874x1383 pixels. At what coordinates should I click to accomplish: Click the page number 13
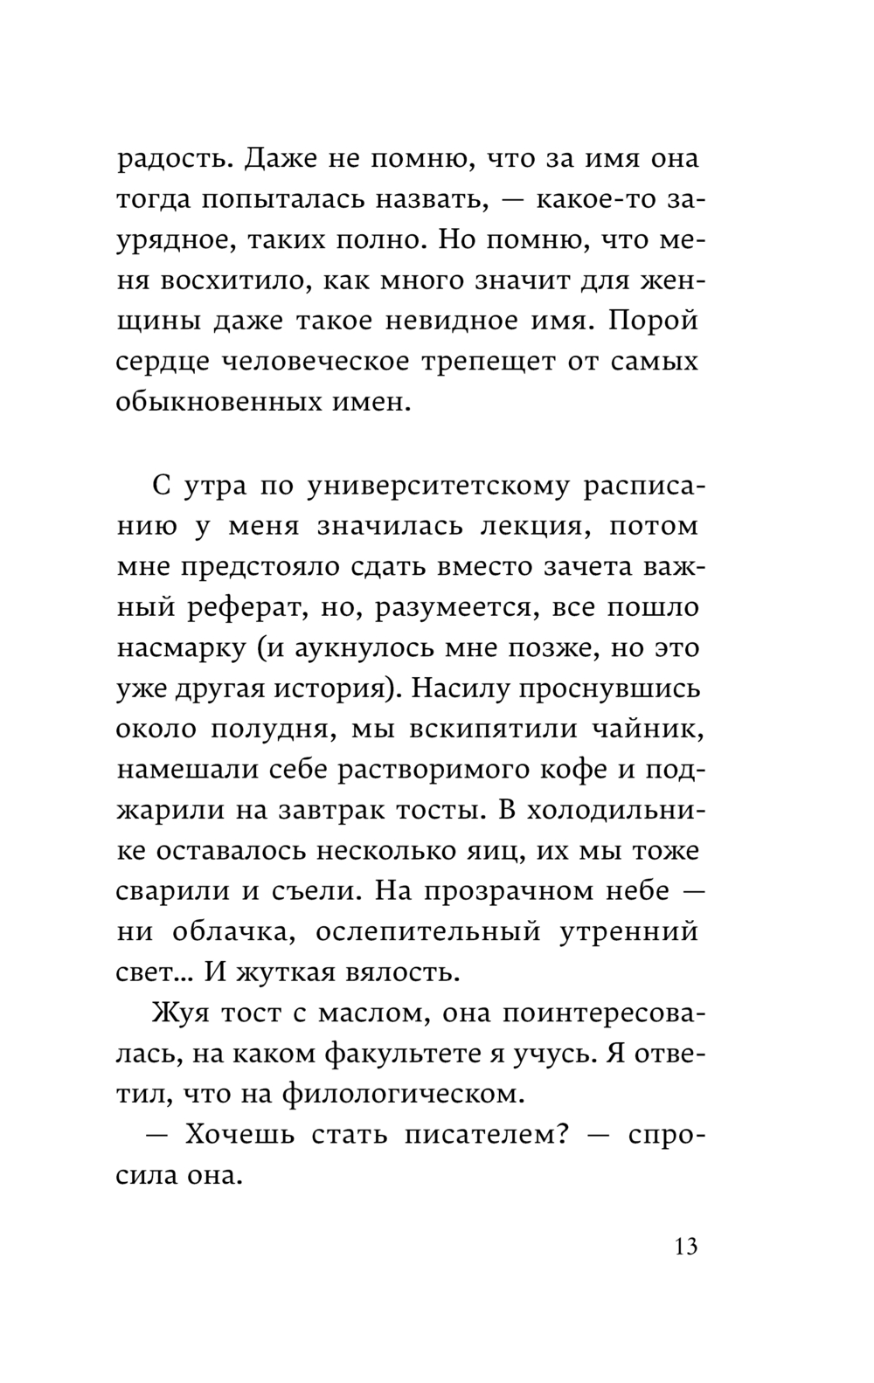pos(686,1246)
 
